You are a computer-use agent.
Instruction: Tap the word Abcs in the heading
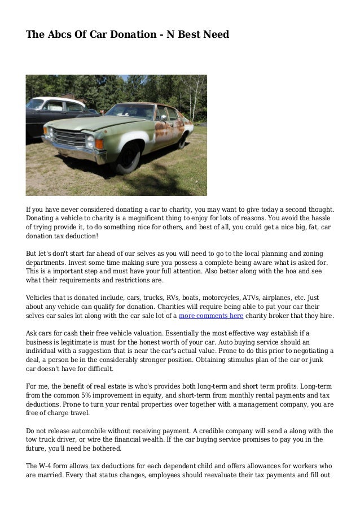tap(58, 35)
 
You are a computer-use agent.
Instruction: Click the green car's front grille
tap(68, 137)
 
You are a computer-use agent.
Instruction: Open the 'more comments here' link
tap(211, 316)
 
